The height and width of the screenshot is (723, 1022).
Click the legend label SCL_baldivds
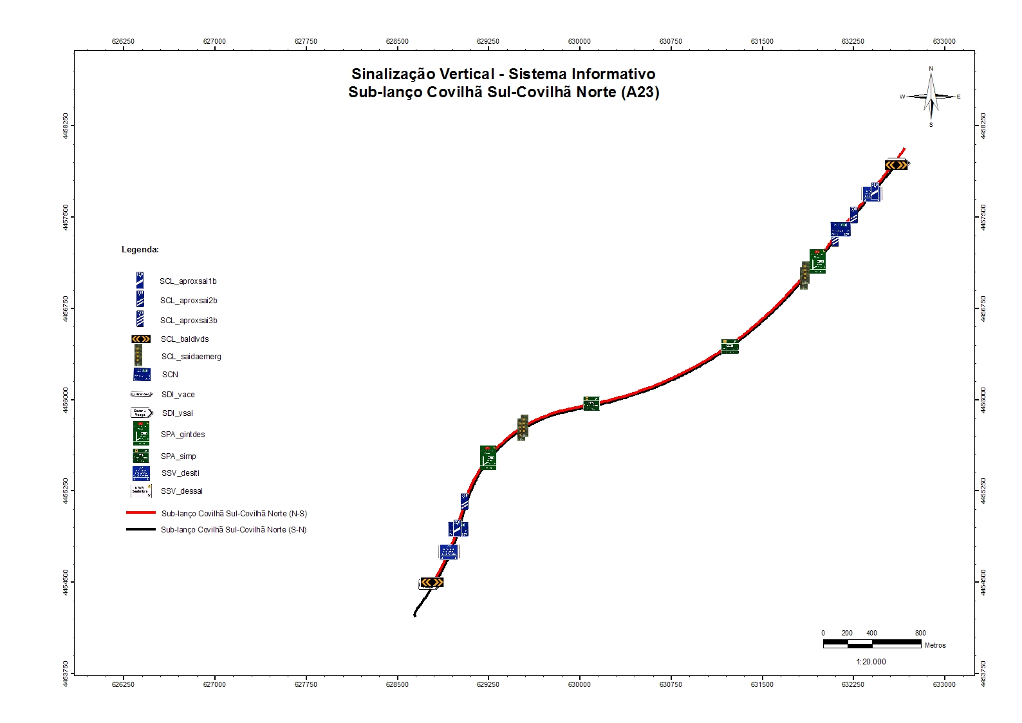[185, 339]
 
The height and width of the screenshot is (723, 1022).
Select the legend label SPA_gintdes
[183, 435]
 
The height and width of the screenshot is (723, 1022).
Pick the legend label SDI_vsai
[177, 413]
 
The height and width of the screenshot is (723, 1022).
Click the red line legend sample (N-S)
[141, 513]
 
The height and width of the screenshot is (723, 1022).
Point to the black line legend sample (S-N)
[141, 529]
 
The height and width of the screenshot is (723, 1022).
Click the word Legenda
[140, 250]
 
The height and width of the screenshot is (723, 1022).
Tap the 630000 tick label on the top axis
[579, 41]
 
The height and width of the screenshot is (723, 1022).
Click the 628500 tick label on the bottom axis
[397, 684]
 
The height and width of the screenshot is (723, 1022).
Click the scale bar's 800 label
[920, 633]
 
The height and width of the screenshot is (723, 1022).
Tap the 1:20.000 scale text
[871, 662]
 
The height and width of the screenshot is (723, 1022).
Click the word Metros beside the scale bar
[935, 645]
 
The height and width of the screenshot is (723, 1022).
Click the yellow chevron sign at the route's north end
[896, 165]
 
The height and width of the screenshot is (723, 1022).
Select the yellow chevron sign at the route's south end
[432, 582]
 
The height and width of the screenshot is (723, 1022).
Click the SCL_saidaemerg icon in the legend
[138, 355]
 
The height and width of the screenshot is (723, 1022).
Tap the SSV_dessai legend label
[181, 491]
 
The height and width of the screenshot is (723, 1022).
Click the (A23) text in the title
[640, 92]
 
